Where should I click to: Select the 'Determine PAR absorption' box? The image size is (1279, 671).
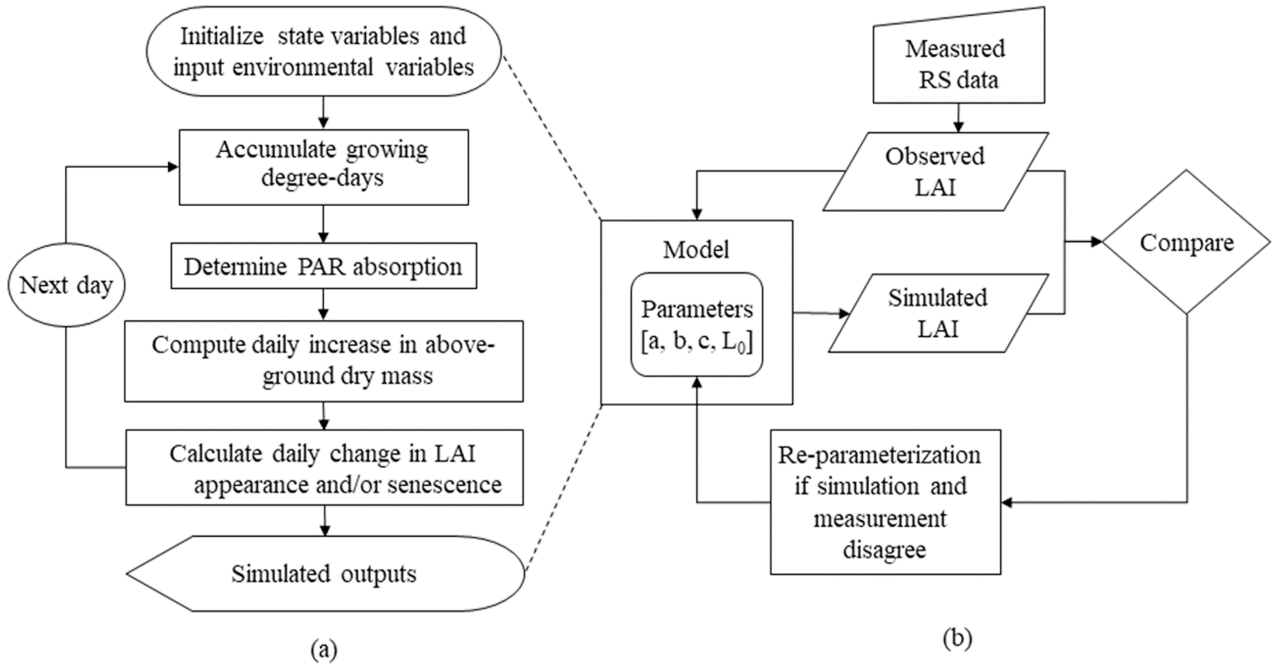pos(324,266)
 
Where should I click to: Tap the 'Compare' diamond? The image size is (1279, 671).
pos(1186,243)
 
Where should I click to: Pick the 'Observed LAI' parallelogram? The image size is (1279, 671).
pos(935,172)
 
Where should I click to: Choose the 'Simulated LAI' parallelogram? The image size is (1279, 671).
pos(938,313)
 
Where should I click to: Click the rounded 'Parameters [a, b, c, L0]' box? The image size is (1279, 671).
pos(696,325)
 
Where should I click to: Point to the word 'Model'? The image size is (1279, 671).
pos(696,249)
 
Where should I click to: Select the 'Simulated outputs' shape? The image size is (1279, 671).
pos(324,574)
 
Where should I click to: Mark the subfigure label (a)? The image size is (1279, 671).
pos(324,650)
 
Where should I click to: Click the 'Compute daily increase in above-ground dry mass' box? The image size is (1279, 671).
pos(324,361)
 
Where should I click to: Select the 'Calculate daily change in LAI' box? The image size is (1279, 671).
pos(324,467)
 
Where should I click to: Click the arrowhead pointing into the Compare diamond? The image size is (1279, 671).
pos(1096,242)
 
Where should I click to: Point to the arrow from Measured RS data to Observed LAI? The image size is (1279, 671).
pos(958,118)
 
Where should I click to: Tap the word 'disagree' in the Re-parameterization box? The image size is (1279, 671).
pos(884,549)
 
